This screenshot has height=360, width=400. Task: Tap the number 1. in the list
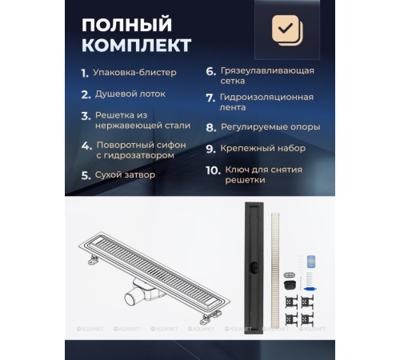pos(85,73)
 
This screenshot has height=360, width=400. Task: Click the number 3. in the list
pos(86,115)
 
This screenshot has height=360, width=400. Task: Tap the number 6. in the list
pos(210,71)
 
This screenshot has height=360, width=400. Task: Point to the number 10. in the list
pos(213,170)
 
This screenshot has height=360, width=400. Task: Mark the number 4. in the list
pos(86,146)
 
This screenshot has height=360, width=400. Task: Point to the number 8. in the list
pos(210,126)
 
